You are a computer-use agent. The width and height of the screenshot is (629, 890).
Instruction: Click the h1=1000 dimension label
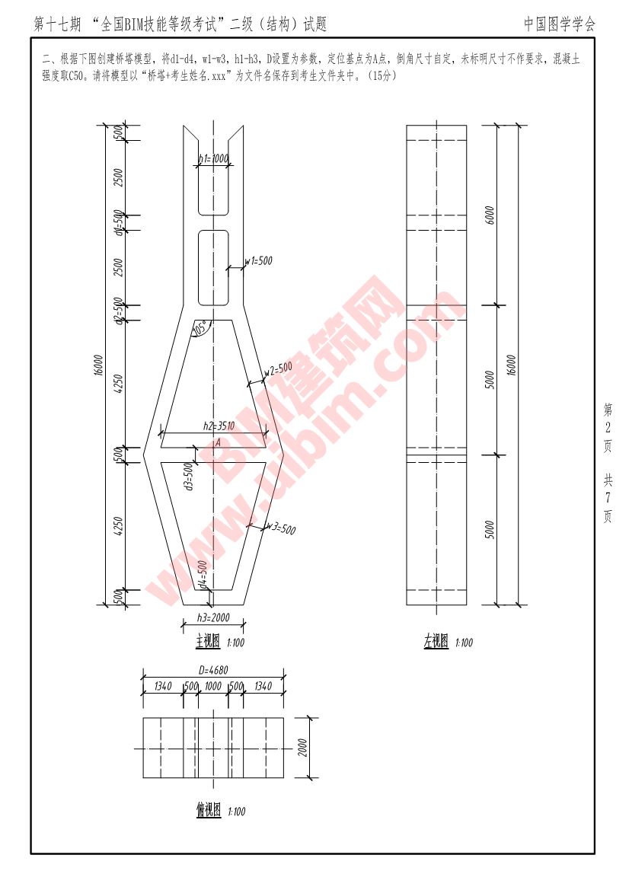(x=213, y=159)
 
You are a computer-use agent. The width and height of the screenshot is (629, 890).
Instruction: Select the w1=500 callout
(x=258, y=261)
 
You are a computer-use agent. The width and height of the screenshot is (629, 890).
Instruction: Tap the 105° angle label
(x=200, y=329)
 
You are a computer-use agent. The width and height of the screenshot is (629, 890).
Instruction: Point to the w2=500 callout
(x=278, y=368)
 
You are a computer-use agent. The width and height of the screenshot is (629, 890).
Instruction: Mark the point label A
(x=218, y=442)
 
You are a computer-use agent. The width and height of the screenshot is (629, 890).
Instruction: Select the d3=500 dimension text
(x=189, y=476)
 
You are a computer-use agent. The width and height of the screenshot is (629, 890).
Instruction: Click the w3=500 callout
(x=280, y=528)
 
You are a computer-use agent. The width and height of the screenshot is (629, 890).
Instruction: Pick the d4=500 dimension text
(x=203, y=574)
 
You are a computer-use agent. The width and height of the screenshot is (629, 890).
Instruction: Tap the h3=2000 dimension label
(x=213, y=617)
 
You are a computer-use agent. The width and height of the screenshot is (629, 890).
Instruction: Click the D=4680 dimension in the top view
(x=214, y=671)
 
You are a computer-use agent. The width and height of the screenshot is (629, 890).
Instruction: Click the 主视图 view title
(x=208, y=642)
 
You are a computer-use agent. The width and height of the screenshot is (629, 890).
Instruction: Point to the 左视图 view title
(x=436, y=642)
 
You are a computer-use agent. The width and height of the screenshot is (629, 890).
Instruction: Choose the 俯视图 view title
(x=208, y=810)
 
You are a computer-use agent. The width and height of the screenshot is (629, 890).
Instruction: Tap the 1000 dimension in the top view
(x=213, y=687)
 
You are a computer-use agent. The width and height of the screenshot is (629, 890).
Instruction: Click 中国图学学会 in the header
(x=560, y=24)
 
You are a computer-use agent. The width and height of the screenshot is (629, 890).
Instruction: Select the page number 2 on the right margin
(x=608, y=426)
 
